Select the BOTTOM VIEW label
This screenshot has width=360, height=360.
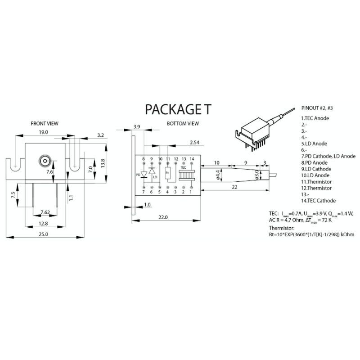click(x=183, y=123)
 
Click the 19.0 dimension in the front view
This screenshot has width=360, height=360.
click(x=44, y=132)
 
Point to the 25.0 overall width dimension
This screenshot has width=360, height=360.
click(x=43, y=234)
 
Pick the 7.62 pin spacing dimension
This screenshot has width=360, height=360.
click(x=45, y=212)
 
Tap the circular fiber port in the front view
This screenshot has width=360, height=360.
click(x=45, y=161)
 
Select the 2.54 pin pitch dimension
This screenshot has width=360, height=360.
click(x=194, y=143)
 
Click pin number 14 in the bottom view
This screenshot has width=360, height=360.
click(x=192, y=159)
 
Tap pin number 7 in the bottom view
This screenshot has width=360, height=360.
click(x=143, y=192)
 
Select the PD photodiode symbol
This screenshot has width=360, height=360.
click(x=144, y=174)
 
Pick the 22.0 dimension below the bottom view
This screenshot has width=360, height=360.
click(x=163, y=218)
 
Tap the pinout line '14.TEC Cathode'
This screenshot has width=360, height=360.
click(x=318, y=201)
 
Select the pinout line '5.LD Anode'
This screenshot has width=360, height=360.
click(x=314, y=144)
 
